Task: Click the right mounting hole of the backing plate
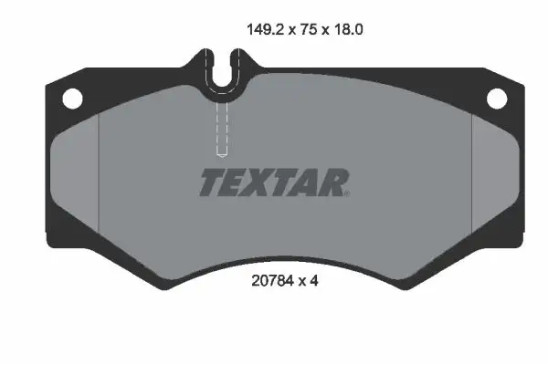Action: point(497,97)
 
